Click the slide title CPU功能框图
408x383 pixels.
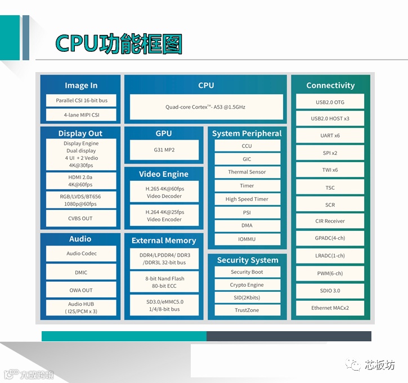tap(119, 44)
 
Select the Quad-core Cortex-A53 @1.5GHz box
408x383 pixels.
tap(206, 106)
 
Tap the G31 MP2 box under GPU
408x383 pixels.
tap(164, 150)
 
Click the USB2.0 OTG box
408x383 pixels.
tap(330, 102)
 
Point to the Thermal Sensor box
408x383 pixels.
tap(247, 172)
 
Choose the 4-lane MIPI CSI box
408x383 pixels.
tap(81, 115)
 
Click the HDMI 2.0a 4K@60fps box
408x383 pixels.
tap(81, 181)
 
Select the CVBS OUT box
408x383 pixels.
tap(81, 219)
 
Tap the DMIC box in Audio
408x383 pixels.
tap(81, 273)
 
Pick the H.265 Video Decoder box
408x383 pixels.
tap(164, 192)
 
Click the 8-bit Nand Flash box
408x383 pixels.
tap(164, 282)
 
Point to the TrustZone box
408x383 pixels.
tap(247, 310)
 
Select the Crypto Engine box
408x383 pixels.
tap(247, 285)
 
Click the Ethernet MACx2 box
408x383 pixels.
tap(330, 308)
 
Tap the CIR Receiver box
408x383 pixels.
tap(330, 221)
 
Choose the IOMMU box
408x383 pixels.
tap(247, 239)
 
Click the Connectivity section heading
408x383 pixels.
tap(330, 86)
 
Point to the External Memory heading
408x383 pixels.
tap(164, 241)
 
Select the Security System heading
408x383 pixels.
tap(248, 260)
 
